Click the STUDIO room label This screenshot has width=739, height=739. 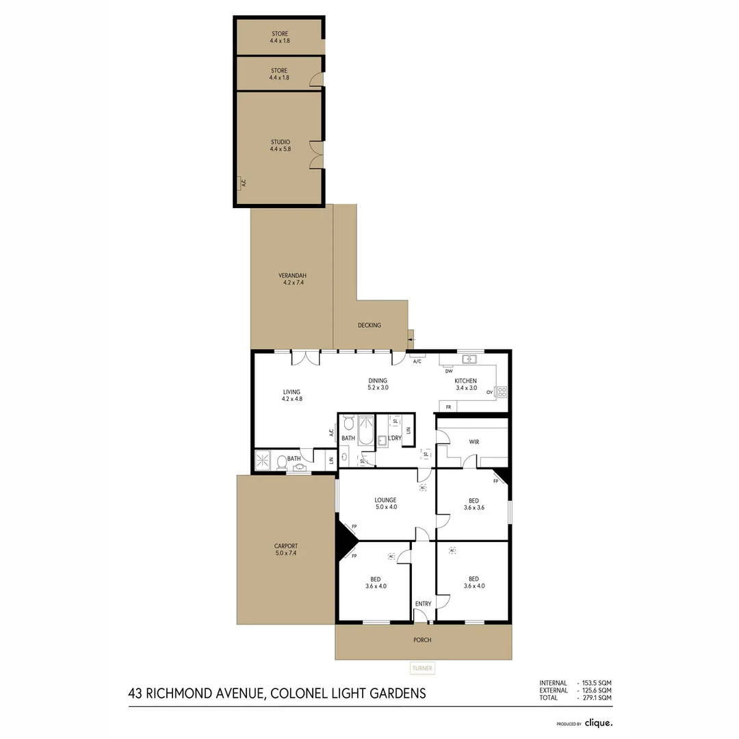coord(280,142)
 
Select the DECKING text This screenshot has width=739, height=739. coord(369,325)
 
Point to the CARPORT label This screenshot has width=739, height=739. coord(285,546)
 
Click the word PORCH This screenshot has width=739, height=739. coord(422,640)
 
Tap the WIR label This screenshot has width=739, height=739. coord(474,442)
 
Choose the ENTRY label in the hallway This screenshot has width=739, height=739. coord(423,604)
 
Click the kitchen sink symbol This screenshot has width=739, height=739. coord(469,359)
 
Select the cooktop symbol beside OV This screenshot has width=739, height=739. coord(501,392)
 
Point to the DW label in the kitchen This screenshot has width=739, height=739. coord(449,372)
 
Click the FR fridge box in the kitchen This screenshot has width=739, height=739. coord(448,407)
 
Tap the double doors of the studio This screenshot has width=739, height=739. coord(315,154)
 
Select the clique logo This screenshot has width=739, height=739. coord(599,723)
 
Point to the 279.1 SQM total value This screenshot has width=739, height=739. coord(596,698)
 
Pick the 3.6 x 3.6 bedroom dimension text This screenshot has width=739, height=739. coord(474,508)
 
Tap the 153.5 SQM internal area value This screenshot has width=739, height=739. coord(596,683)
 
